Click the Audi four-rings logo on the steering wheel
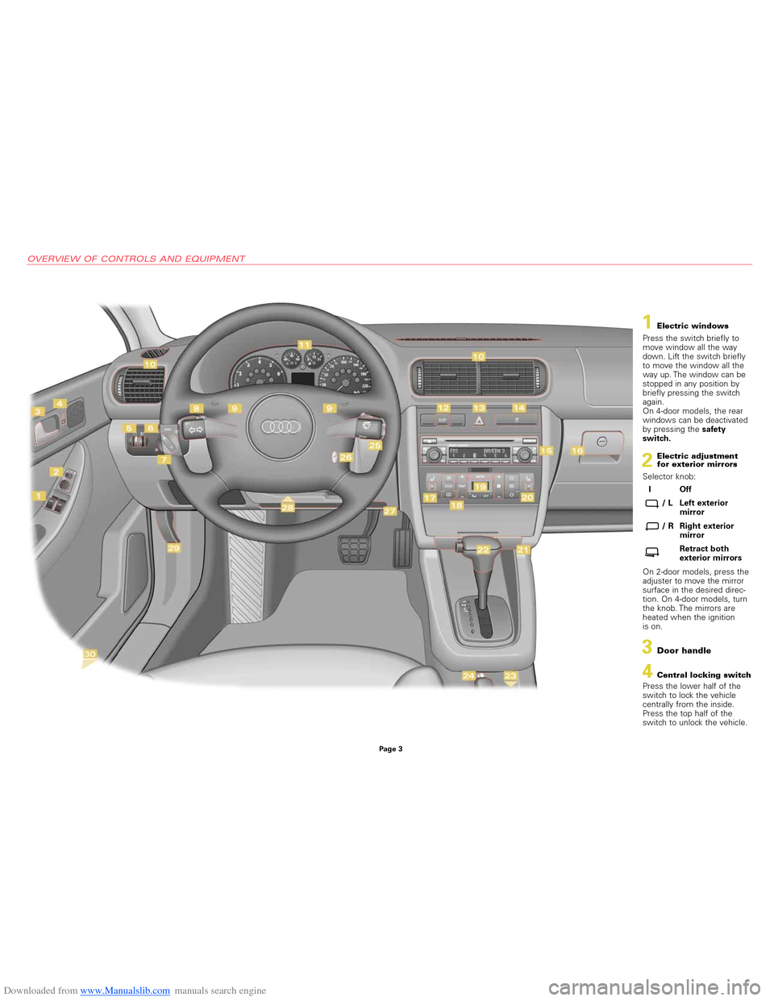(281, 426)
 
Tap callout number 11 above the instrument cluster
(305, 345)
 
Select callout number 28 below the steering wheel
(288, 507)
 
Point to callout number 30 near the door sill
(89, 654)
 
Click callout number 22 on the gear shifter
(483, 549)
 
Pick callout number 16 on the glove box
(577, 451)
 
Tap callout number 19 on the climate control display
(481, 486)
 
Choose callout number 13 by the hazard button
(479, 408)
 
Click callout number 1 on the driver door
(39, 496)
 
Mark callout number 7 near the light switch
(164, 459)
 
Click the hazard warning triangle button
(479, 420)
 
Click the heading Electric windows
(693, 326)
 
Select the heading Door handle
(684, 650)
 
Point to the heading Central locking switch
(703, 675)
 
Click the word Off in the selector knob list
(685, 489)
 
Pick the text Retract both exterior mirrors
(709, 553)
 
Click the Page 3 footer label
(390, 749)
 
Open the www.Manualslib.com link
(125, 991)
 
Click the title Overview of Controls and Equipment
(136, 259)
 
